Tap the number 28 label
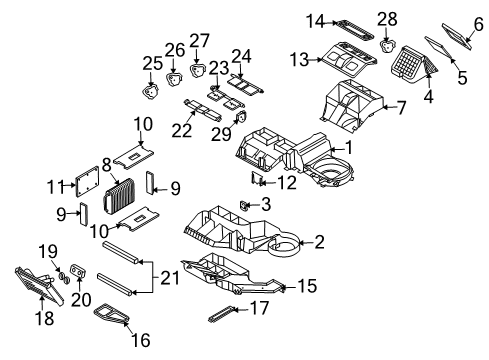pyautogui.click(x=388, y=17)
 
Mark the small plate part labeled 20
pyautogui.click(x=81, y=275)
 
